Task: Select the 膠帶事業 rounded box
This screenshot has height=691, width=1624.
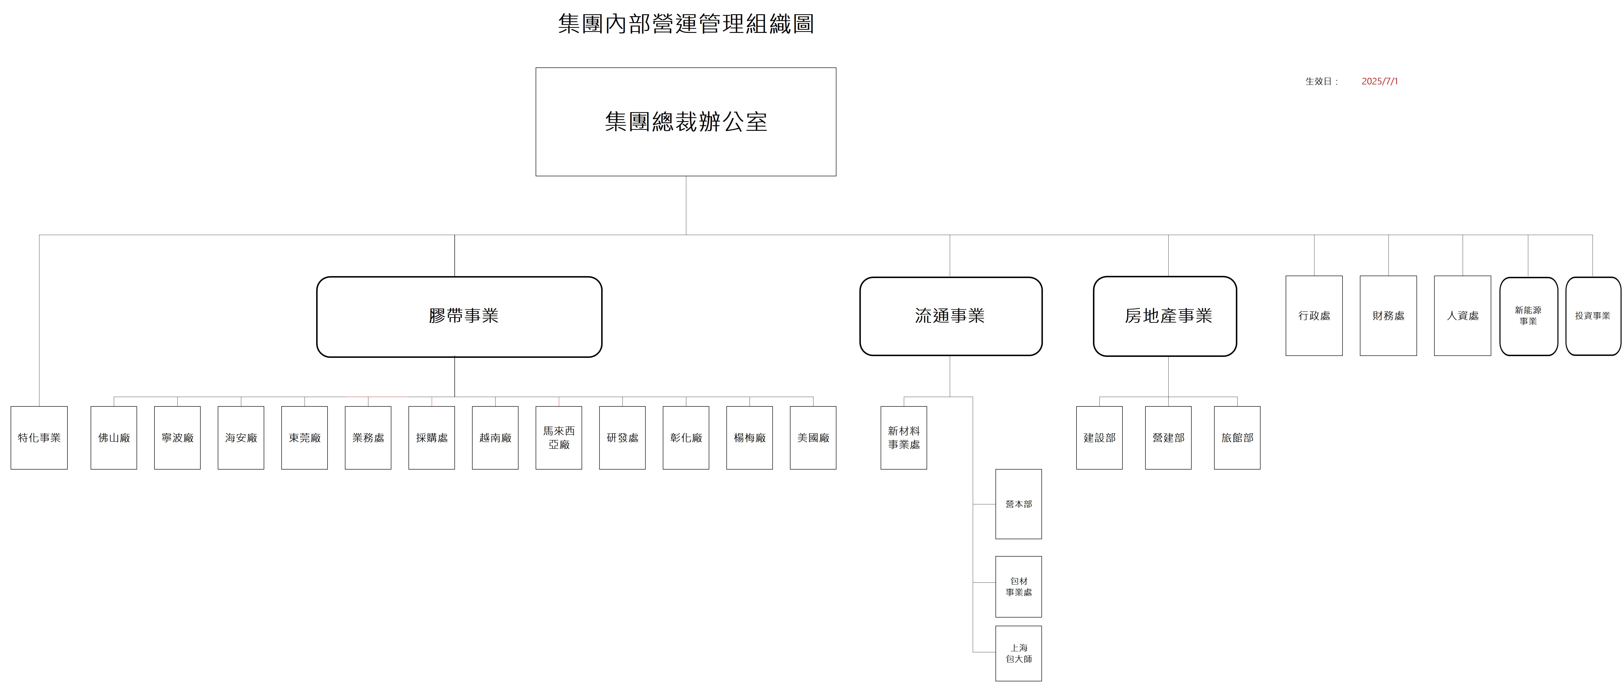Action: coord(459,316)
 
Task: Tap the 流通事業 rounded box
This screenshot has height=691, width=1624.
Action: coord(950,316)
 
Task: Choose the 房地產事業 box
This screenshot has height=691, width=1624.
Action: coord(1165,316)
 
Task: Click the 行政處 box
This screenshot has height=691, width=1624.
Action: coord(1314,315)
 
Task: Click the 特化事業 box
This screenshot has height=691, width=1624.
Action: coord(39,438)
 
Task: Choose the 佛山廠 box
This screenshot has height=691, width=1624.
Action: coord(113,438)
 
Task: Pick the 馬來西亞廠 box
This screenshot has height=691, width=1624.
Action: coord(559,438)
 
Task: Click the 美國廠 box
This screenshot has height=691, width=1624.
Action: coord(813,438)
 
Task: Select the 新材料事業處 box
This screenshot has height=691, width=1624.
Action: coord(903,438)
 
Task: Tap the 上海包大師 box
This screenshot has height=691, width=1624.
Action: coord(1018,653)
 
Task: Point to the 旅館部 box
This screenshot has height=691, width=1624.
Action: coord(1237,438)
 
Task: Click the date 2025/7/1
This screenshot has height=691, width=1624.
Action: coord(1379,81)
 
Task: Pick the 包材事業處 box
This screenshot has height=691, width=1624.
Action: coord(1018,586)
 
